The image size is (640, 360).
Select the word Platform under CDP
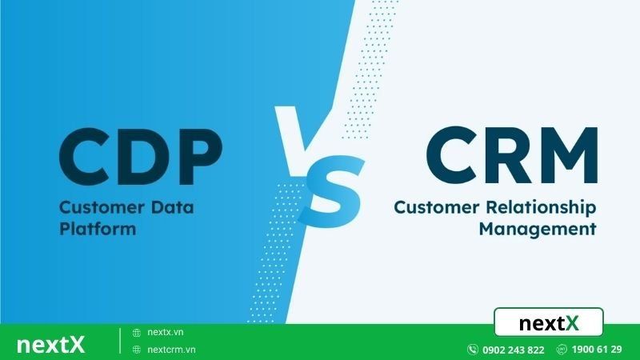98,229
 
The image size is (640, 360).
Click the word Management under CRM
538,229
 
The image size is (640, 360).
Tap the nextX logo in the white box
549,323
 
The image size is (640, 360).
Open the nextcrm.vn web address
173,350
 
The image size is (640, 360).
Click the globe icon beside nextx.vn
138,332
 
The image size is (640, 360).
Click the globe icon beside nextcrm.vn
138,350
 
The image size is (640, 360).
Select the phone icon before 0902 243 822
473,350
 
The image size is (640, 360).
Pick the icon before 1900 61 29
562,350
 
